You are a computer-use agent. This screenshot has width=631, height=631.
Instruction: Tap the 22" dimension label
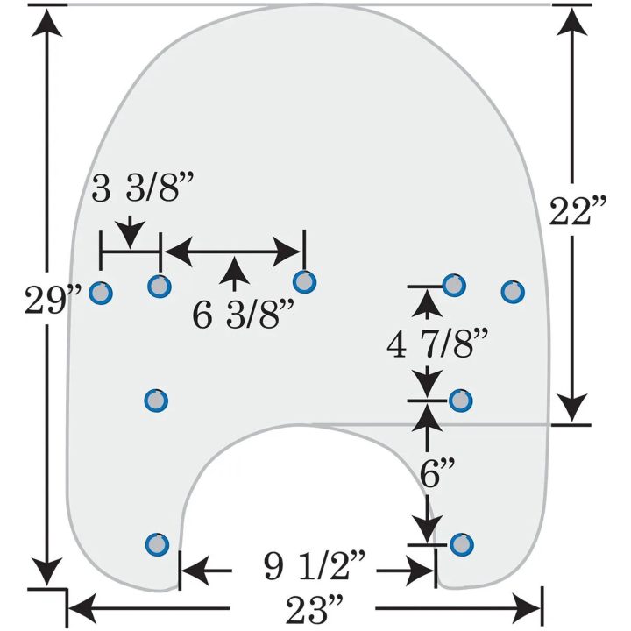pos(577,211)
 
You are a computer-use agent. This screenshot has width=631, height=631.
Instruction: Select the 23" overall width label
pos(315,609)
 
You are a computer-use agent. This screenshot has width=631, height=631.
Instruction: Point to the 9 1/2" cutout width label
pos(315,565)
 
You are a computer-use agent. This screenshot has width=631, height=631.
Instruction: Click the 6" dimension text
pos(437,472)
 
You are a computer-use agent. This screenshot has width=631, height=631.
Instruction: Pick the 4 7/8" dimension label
pos(437,344)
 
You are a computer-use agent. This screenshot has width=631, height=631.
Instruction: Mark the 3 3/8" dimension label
pos(143,187)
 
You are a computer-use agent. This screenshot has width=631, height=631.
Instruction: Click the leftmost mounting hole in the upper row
pos(101,293)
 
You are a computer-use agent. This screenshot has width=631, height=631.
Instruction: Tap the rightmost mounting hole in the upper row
pos(513,292)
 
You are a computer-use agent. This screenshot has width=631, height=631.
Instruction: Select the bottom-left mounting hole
pos(157,544)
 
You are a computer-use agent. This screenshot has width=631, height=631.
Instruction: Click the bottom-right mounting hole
pos(462,544)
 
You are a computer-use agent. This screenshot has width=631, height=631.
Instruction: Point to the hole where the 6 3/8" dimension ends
pos(304,281)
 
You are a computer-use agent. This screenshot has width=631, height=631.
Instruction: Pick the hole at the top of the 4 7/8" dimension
pos(454,286)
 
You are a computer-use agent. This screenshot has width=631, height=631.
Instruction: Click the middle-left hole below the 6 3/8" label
pos(156,401)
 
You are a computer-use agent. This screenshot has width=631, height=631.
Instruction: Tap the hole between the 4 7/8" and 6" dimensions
pos(460,401)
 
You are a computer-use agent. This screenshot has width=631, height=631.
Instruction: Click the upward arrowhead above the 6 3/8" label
pos(234,270)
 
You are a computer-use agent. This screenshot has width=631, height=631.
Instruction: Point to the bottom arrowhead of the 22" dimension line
pos(571,408)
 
